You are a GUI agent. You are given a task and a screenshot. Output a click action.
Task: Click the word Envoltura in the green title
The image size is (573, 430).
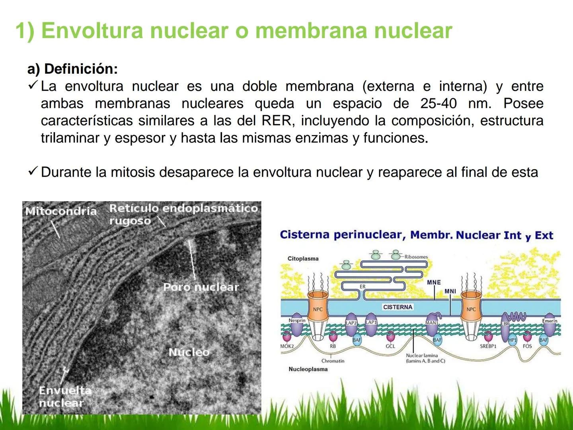click(x=92, y=30)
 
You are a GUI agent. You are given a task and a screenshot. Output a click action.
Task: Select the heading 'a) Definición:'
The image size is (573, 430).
click(x=72, y=69)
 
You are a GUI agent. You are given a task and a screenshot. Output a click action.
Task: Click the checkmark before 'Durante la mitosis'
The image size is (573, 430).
click(x=33, y=172)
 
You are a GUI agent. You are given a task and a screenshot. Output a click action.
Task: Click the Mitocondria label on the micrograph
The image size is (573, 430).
click(x=61, y=211)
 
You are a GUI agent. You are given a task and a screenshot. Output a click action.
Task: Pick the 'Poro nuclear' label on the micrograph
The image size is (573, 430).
click(x=201, y=287)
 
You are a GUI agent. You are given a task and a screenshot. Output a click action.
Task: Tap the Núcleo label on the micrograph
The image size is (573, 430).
click(x=189, y=352)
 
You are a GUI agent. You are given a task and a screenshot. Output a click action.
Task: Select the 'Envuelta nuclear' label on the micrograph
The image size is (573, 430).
click(x=64, y=397)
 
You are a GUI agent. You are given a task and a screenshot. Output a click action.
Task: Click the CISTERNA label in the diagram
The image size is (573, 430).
click(x=398, y=307)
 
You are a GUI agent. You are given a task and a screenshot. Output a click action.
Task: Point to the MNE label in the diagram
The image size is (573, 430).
click(x=434, y=282)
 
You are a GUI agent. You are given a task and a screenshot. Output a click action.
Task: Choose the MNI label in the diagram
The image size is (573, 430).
click(x=450, y=291)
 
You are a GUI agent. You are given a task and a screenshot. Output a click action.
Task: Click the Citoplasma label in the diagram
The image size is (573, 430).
click(x=303, y=258)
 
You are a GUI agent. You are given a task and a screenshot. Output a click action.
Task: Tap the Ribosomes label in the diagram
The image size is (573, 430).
click(x=416, y=257)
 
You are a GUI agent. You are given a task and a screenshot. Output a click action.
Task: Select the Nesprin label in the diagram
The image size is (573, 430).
click(x=297, y=320)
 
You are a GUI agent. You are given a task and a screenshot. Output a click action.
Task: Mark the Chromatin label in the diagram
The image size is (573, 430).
click(x=333, y=361)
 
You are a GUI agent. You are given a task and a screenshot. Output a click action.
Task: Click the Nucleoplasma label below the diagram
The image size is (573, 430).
click(x=308, y=369)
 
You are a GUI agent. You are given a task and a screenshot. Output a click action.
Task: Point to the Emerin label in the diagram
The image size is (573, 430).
click(x=550, y=321)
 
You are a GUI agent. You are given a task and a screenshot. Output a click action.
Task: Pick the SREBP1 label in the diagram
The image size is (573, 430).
click(x=488, y=346)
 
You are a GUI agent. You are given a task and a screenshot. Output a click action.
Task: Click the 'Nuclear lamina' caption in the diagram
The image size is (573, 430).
click(x=422, y=356)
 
